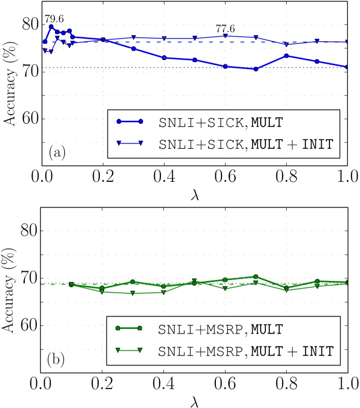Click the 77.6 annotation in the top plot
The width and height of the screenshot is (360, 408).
pyautogui.click(x=225, y=29)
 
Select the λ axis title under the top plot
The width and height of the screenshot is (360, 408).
pyautogui.click(x=194, y=195)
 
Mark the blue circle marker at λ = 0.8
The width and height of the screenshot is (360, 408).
pyautogui.click(x=286, y=56)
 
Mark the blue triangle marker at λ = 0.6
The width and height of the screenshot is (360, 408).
pyautogui.click(x=225, y=36)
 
